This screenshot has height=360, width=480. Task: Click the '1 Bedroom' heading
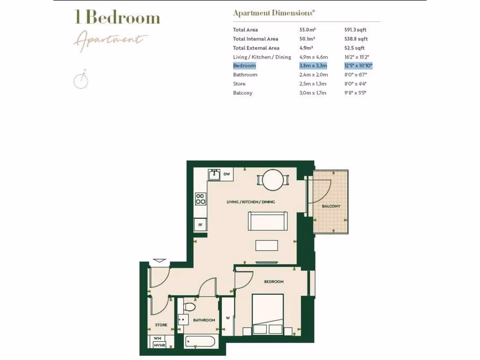pos(117,18)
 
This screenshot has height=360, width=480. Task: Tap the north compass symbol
pos(81,81)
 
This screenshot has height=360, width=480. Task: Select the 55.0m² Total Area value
pos(307,30)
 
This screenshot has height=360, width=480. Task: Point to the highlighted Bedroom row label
pos(245,66)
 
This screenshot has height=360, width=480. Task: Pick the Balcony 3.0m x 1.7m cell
pos(313,93)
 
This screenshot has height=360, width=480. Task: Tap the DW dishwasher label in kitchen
pos(227,174)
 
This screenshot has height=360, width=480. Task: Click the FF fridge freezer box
pos(201,225)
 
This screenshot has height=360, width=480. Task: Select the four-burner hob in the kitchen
pos(201,199)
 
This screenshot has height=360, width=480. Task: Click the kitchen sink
pos(215,174)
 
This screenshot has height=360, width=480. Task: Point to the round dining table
pos(273,180)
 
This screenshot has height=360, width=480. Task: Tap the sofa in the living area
pos(268,220)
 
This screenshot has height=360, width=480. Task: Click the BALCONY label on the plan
pos(331,206)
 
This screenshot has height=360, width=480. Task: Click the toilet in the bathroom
pos(189,307)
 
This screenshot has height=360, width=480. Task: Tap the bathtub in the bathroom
pos(200,341)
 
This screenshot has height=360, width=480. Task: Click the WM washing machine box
pos(157,338)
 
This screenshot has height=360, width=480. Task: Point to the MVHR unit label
pos(159,346)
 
